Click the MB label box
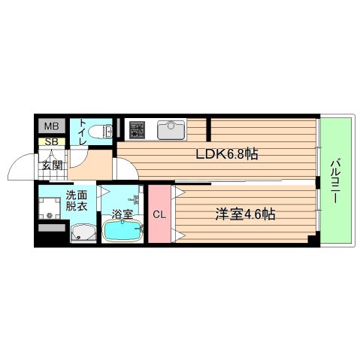[x=50, y=126]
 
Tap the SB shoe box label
[x=50, y=141]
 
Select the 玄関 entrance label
[x=52, y=166]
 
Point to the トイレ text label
[x=80, y=132]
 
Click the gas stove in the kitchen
[x=136, y=130]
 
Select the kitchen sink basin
[x=171, y=130]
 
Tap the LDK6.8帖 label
[x=228, y=155]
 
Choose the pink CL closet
[x=159, y=214]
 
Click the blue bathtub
[x=123, y=231]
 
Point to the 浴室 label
[x=122, y=214]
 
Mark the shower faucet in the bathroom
[x=135, y=200]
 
